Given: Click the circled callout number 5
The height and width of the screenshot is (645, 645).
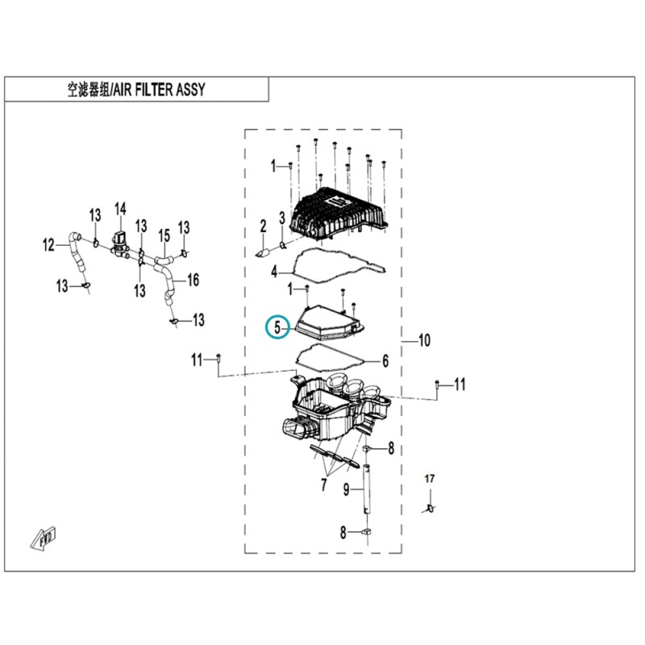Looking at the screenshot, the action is [277, 327].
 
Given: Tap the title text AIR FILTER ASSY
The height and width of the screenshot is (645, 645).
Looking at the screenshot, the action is [159, 89].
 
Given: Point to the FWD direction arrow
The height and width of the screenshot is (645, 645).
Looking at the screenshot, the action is [44, 538].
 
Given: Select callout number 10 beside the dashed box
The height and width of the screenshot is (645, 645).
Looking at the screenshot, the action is [424, 340].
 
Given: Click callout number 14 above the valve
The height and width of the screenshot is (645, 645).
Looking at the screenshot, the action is [120, 210].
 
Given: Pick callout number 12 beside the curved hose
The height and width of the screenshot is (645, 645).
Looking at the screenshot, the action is [48, 245].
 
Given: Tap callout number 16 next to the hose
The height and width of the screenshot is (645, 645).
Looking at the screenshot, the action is [193, 280].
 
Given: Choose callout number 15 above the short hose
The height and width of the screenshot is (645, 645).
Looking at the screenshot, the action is [164, 235].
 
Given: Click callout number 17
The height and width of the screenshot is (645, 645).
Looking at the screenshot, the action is [430, 478].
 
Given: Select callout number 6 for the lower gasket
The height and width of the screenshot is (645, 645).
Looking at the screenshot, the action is [385, 360].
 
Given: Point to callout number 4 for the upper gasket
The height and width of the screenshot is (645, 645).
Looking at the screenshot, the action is [274, 272].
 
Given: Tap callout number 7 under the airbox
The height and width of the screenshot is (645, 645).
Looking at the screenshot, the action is [324, 485].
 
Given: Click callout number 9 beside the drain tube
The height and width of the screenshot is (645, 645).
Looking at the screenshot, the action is [347, 489].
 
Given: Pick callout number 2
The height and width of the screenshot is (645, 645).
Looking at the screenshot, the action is [264, 226].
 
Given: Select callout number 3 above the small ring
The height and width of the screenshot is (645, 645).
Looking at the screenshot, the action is [281, 218].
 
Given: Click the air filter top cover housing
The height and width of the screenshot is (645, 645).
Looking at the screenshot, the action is [339, 216].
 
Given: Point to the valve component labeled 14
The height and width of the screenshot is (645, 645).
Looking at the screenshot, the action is [119, 246].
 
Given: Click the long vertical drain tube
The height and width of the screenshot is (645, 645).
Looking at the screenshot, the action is [367, 489].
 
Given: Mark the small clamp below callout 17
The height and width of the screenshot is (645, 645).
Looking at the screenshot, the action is [430, 509].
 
